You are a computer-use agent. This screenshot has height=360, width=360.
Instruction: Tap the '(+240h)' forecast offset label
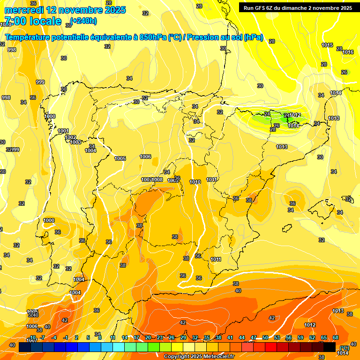coord(83,21)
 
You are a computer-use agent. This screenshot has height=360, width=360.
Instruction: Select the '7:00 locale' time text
coord(33,21)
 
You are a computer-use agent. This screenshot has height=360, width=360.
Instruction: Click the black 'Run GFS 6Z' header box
coord(298,8)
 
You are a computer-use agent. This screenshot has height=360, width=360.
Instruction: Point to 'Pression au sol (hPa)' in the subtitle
coord(225,37)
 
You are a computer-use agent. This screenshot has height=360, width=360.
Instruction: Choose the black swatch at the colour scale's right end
coord(329,346)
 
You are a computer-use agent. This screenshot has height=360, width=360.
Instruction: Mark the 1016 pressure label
coord(348,52)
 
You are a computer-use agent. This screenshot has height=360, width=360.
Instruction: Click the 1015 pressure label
coord(327,45)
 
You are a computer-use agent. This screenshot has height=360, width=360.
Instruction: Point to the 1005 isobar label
coord(120,158)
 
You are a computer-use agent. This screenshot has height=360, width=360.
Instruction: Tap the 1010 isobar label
coord(195,182)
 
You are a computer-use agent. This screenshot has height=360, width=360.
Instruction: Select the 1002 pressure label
coord(70,137)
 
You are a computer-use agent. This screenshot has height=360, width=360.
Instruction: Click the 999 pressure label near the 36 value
coord(40,82)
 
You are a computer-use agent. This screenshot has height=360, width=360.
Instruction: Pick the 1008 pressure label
coord(157,180)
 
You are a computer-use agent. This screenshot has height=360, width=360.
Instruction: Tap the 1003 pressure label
coord(75,142)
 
